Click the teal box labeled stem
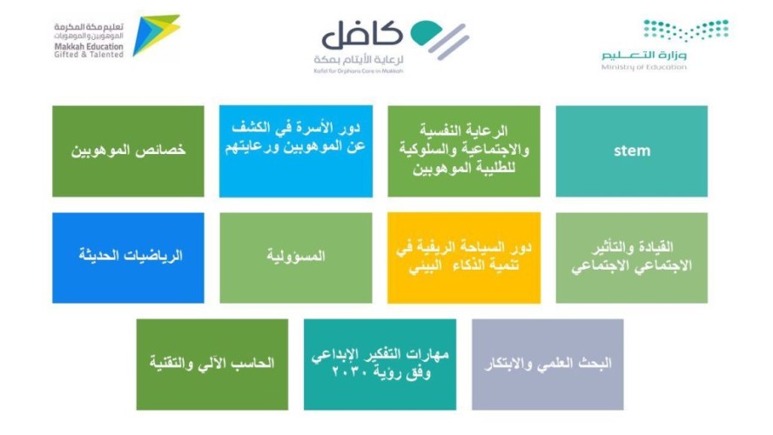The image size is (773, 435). (x=631, y=151)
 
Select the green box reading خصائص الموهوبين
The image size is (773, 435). (x=128, y=151)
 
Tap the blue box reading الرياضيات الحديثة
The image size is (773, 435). (x=128, y=258)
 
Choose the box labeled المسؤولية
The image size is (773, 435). (x=295, y=258)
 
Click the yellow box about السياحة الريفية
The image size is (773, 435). (x=463, y=258)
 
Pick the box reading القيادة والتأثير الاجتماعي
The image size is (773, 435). (x=631, y=258)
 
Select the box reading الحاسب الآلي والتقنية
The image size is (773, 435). (x=212, y=364)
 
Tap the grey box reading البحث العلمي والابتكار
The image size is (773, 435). (x=548, y=364)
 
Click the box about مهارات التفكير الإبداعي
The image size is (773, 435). (x=380, y=364)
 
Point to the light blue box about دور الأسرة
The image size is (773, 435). (x=295, y=151)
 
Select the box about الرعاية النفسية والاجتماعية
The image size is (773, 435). (x=463, y=151)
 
